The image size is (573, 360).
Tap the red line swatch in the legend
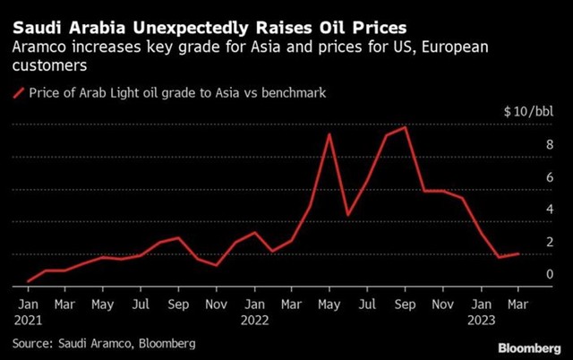tap(19, 92)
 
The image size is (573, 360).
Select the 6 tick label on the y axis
tap(526, 177)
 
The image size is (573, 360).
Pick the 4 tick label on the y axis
tap(526, 210)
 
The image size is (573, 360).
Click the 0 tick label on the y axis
tap(526, 274)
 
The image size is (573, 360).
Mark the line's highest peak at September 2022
tap(406, 127)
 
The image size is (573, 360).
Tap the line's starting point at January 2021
tap(28, 281)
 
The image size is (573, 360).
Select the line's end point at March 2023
tap(517, 254)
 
